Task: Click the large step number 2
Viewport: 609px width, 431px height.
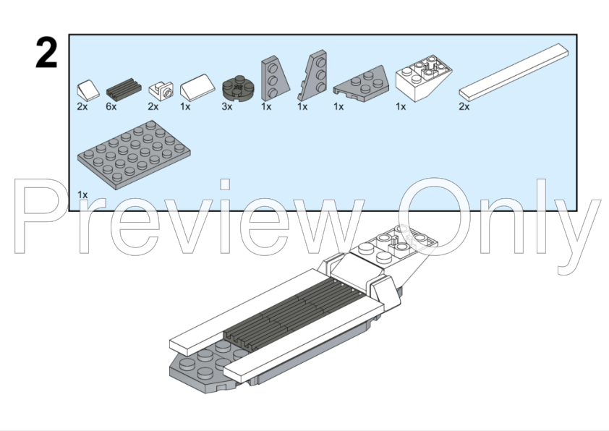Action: coord(46,54)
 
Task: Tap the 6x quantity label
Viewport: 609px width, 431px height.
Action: coord(111,106)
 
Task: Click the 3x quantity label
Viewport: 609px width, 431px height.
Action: coord(227,106)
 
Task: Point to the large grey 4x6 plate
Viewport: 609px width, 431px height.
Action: coord(134,155)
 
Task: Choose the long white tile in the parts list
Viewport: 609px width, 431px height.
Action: coord(514,72)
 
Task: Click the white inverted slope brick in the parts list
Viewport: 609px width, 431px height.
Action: coord(424,78)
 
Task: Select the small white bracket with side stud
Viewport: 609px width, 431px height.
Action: coord(161,91)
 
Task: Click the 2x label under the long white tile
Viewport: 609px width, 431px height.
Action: coord(464,107)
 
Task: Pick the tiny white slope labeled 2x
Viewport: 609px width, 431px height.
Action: coord(88,90)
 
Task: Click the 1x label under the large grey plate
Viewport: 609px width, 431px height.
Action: coord(82,195)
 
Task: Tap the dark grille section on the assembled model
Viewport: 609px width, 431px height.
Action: coord(295,314)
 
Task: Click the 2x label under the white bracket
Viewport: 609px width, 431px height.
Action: coord(153,106)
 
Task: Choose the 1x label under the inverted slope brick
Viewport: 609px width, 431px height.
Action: coord(401,106)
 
